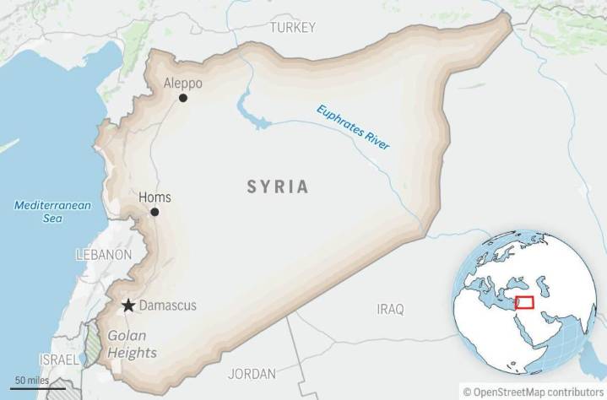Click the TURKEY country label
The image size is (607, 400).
click(292, 28)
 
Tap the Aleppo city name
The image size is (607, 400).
click(183, 84)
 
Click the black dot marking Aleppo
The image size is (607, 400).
click(183, 98)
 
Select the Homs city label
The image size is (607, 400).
click(154, 197)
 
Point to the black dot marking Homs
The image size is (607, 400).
click(154, 212)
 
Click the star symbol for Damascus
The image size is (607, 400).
click(127, 305)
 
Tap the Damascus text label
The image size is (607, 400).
click(167, 305)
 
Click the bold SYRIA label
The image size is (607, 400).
click(278, 186)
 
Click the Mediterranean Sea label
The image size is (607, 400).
click(52, 211)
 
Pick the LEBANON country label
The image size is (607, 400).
click(104, 254)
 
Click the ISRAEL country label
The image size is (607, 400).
click(59, 359)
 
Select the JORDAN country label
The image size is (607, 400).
click(252, 374)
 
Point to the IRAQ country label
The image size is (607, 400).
click(390, 309)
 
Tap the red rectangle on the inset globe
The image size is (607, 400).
click(524, 303)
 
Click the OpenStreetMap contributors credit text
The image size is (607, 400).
click(534, 392)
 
